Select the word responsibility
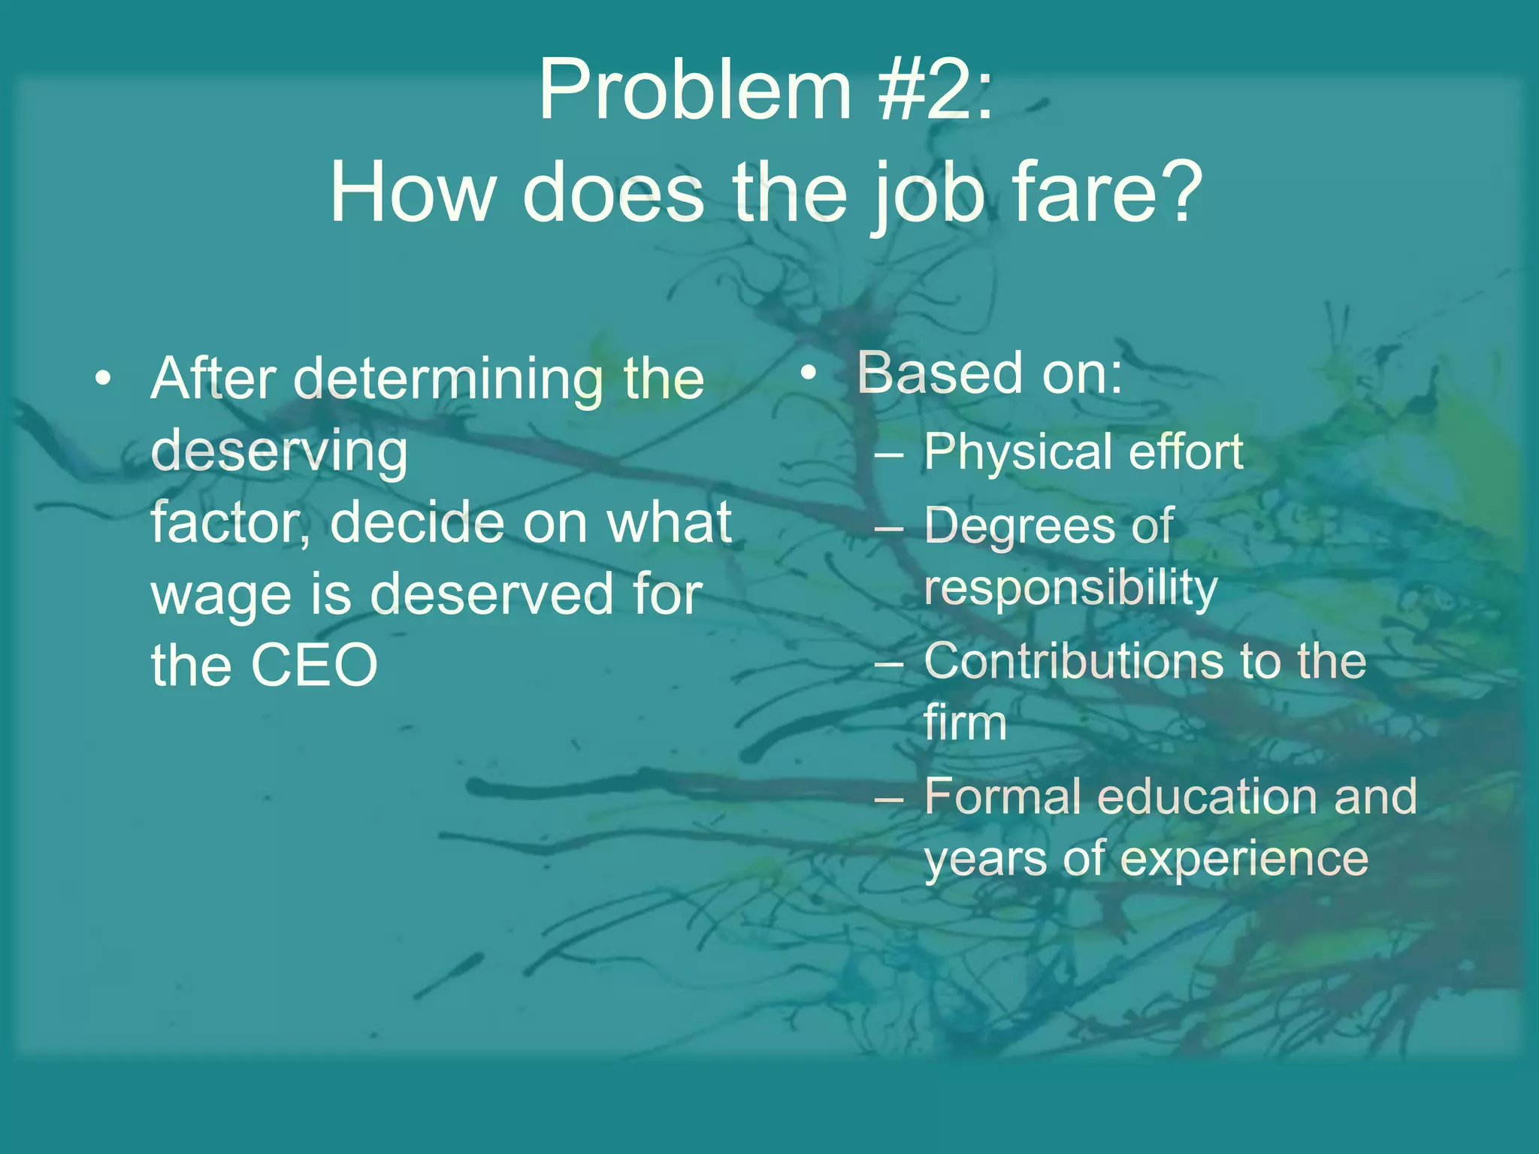click(1070, 588)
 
